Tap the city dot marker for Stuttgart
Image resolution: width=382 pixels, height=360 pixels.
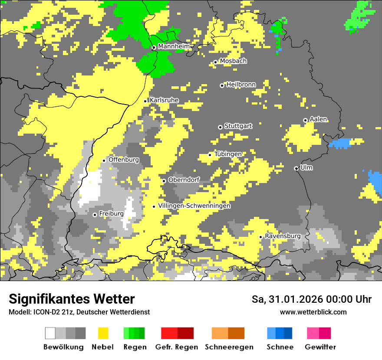pos(220,127)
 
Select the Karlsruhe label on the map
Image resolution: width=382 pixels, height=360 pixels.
pos(164,100)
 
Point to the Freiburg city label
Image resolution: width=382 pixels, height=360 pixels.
pos(112,214)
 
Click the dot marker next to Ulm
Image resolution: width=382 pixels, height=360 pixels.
pos(296,168)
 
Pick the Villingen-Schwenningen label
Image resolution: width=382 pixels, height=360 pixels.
pos(194,206)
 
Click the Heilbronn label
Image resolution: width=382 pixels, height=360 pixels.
pos(241,85)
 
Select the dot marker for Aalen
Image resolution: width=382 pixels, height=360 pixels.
pos(305,120)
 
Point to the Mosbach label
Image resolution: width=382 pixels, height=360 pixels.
pos(233,61)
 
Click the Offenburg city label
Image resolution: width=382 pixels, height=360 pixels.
pos(124,160)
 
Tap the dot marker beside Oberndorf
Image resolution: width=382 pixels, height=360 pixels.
pos(164,181)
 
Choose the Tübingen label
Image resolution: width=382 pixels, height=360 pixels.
pos(228,154)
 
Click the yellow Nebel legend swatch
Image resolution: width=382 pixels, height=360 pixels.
pos(103,333)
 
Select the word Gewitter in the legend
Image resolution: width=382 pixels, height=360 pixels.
pos(320,347)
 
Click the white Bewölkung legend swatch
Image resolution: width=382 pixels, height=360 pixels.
pos(50,333)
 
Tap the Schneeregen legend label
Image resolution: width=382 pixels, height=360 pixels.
pos(229,347)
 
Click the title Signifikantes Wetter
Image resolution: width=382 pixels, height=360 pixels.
pos(72,299)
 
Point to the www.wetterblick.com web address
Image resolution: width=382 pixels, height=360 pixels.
pos(313,312)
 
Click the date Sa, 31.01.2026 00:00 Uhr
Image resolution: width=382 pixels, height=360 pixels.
pos(312,299)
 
